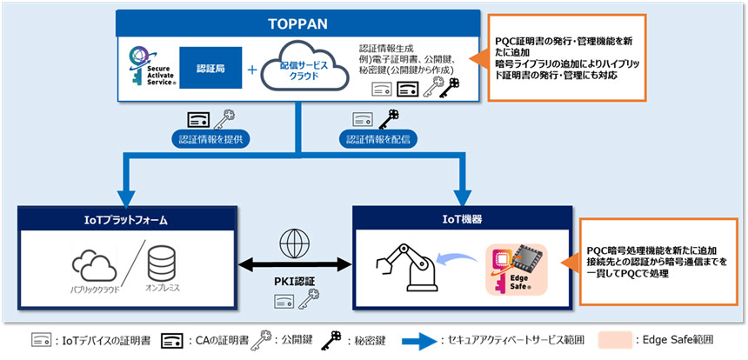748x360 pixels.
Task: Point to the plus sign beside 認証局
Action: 253,70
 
